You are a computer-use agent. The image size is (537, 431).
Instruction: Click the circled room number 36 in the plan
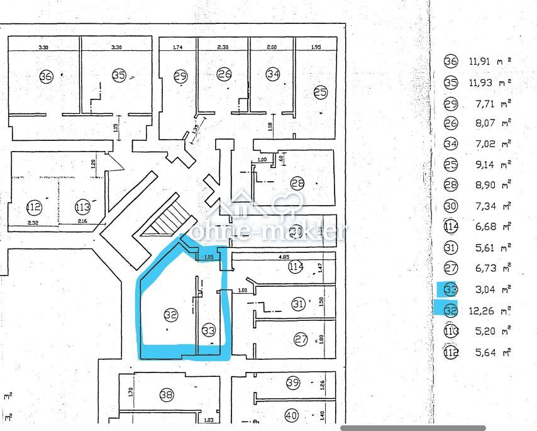coord(45,76)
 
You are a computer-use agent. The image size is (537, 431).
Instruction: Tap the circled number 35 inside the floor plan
coord(119,76)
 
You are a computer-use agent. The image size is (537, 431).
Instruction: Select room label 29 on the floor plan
coord(180,76)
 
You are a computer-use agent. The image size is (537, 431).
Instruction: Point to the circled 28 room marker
coord(297,183)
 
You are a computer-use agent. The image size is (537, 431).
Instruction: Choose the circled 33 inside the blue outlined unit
coord(209,330)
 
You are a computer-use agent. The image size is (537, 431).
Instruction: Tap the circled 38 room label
coord(166,395)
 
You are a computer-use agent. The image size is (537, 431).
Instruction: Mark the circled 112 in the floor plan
coord(34,206)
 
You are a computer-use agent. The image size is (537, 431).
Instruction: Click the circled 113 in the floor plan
coord(82,206)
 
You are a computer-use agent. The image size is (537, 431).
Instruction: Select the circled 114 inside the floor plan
coord(296,267)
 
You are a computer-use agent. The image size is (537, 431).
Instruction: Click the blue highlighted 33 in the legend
coord(451,289)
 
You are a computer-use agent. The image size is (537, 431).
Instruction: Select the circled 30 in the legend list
coord(451,206)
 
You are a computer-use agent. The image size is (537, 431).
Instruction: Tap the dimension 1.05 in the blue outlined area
coord(208,257)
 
